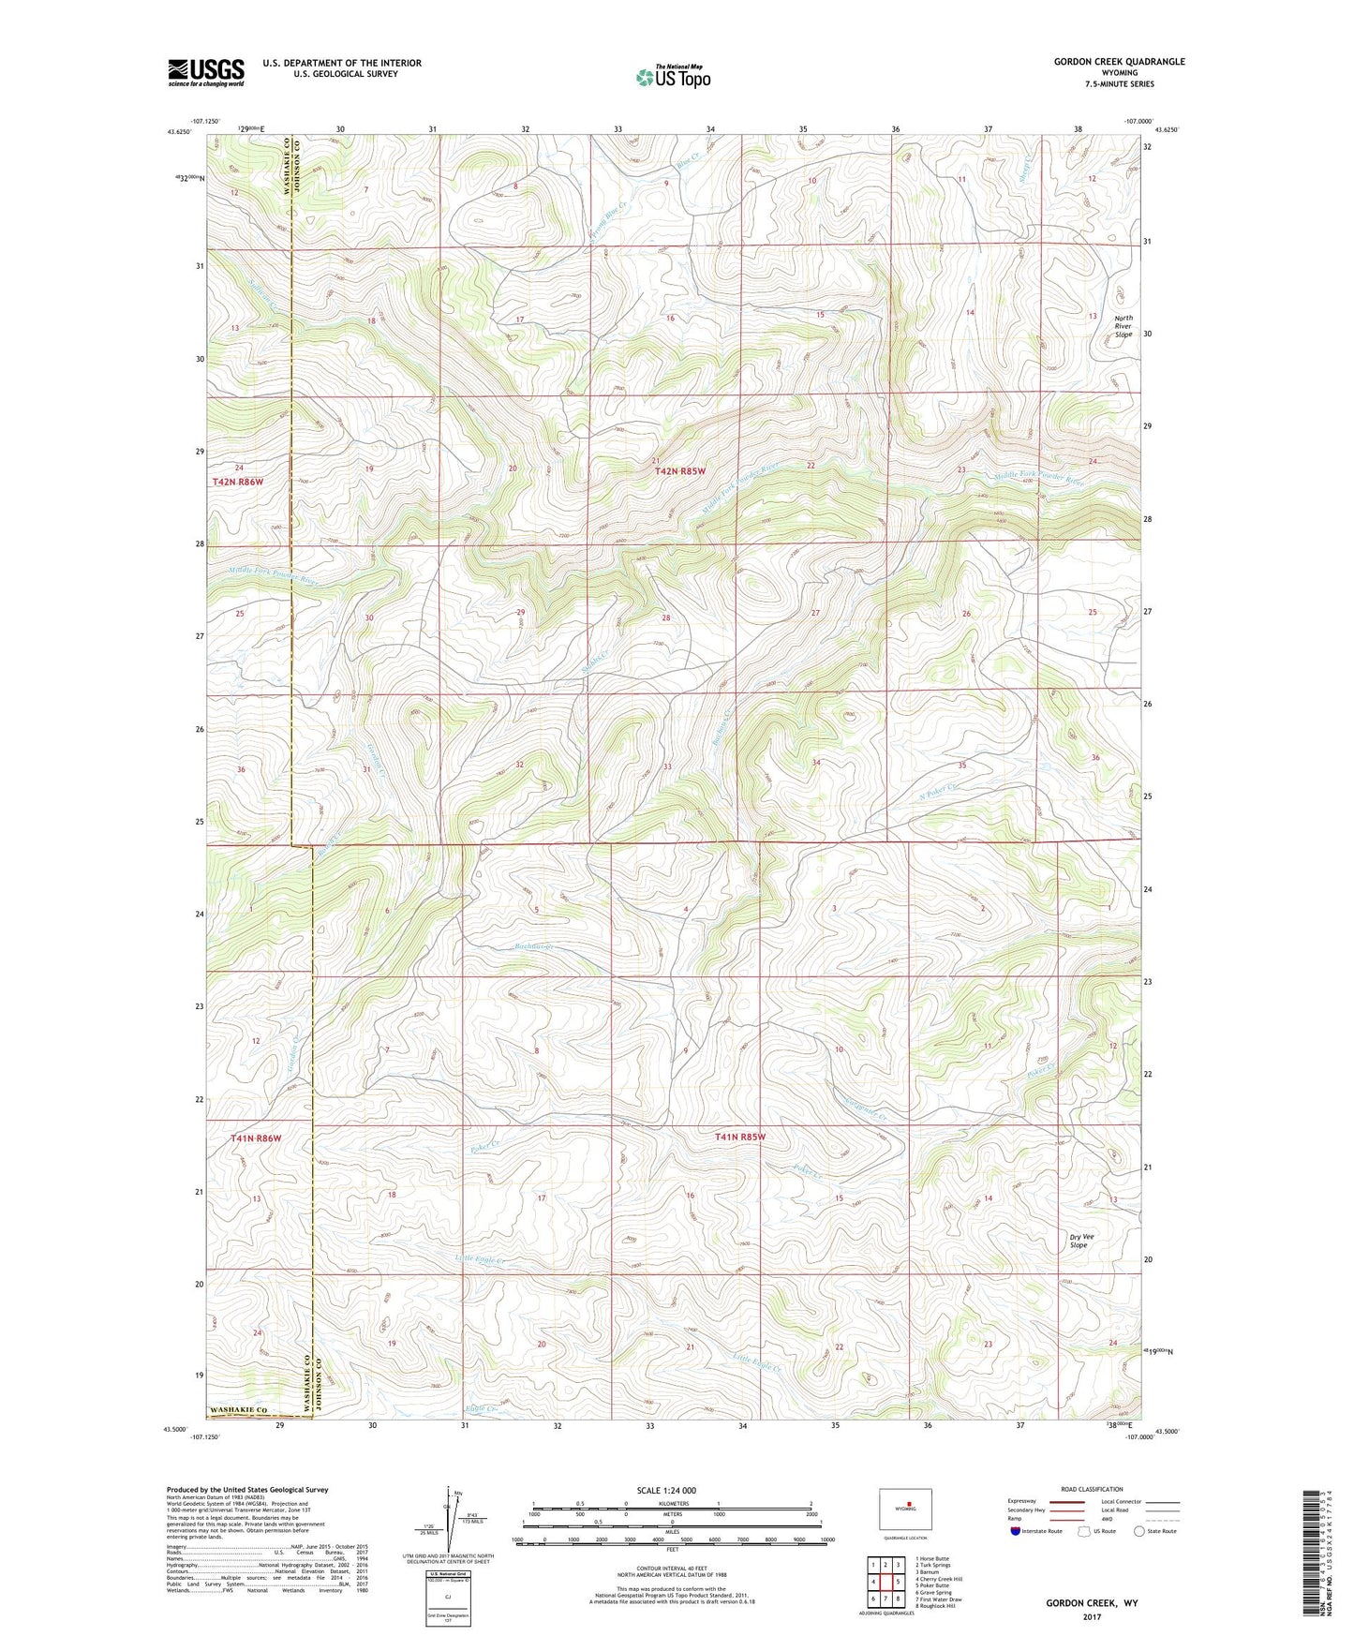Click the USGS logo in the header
(x=205, y=72)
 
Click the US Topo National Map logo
(x=672, y=77)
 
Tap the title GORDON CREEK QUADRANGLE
(x=1119, y=62)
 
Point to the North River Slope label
(x=1123, y=326)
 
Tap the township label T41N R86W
(x=256, y=1138)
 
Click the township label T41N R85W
(x=740, y=1137)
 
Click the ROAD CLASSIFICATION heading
(x=1091, y=1489)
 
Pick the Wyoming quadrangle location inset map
(x=905, y=1510)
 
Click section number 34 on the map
(x=816, y=763)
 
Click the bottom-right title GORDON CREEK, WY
(x=1092, y=1603)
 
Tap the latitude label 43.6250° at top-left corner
(x=180, y=132)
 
